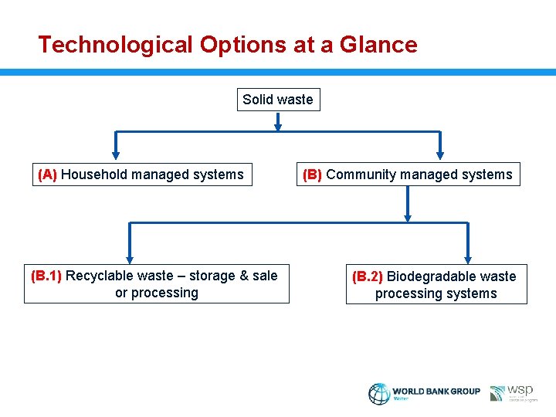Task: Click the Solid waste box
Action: (x=278, y=100)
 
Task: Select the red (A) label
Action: (x=48, y=175)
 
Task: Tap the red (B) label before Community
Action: (x=313, y=175)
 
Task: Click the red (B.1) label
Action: (x=48, y=276)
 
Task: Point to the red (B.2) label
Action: (x=368, y=276)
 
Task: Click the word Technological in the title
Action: (x=116, y=45)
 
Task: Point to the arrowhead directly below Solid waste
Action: (x=278, y=124)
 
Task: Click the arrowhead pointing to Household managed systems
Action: (x=117, y=154)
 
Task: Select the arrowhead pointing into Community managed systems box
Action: (x=440, y=154)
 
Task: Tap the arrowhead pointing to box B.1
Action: (x=130, y=259)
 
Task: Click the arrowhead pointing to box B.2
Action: (x=467, y=259)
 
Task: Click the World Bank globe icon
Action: (x=379, y=394)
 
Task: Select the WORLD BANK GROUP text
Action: (x=436, y=392)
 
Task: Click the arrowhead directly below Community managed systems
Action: (x=408, y=216)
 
